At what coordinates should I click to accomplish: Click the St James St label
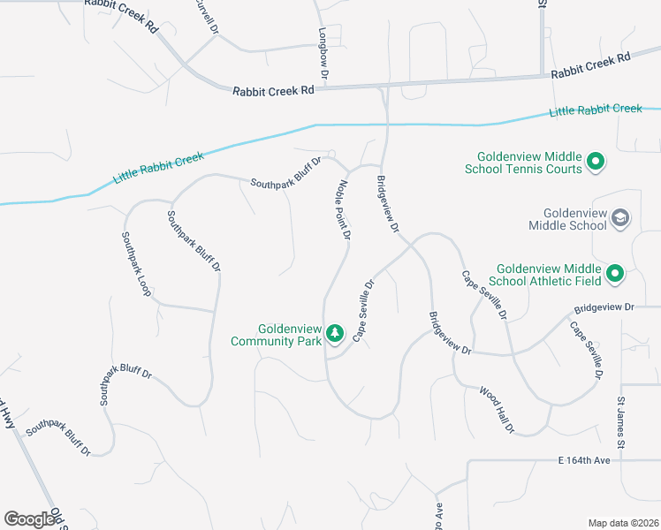click(621, 421)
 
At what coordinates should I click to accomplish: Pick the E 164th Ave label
click(584, 460)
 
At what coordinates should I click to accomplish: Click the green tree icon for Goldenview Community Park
click(334, 333)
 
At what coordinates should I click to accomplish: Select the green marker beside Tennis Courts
click(596, 162)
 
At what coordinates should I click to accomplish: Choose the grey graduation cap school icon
click(620, 218)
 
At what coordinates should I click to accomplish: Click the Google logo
click(30, 519)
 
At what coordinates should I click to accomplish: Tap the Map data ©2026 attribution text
click(624, 523)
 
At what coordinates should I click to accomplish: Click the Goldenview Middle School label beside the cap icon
click(567, 219)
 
